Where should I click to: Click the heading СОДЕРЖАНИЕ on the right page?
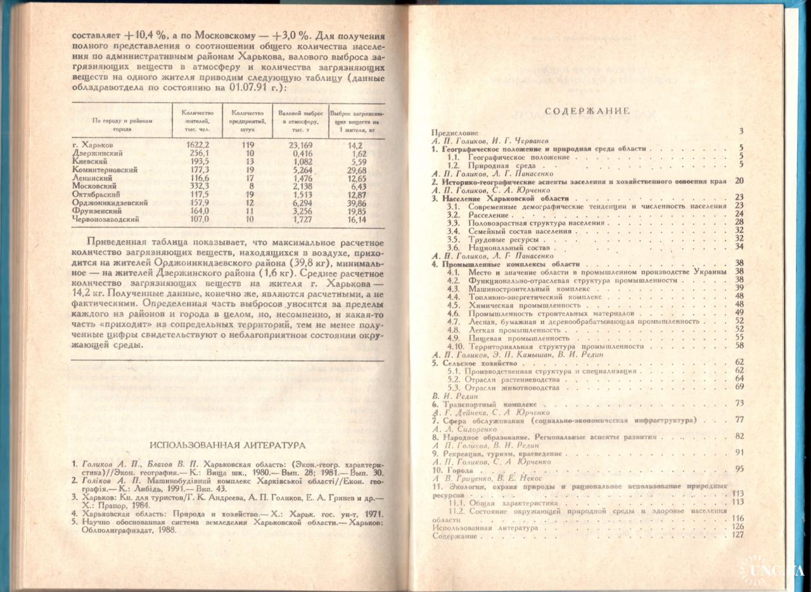coord(586,111)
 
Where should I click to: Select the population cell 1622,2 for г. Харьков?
coord(191,145)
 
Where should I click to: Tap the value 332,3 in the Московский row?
coord(191,186)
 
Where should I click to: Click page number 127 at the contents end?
coord(736,536)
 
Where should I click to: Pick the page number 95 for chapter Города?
coord(739,468)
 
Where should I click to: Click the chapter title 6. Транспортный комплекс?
coord(484,403)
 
